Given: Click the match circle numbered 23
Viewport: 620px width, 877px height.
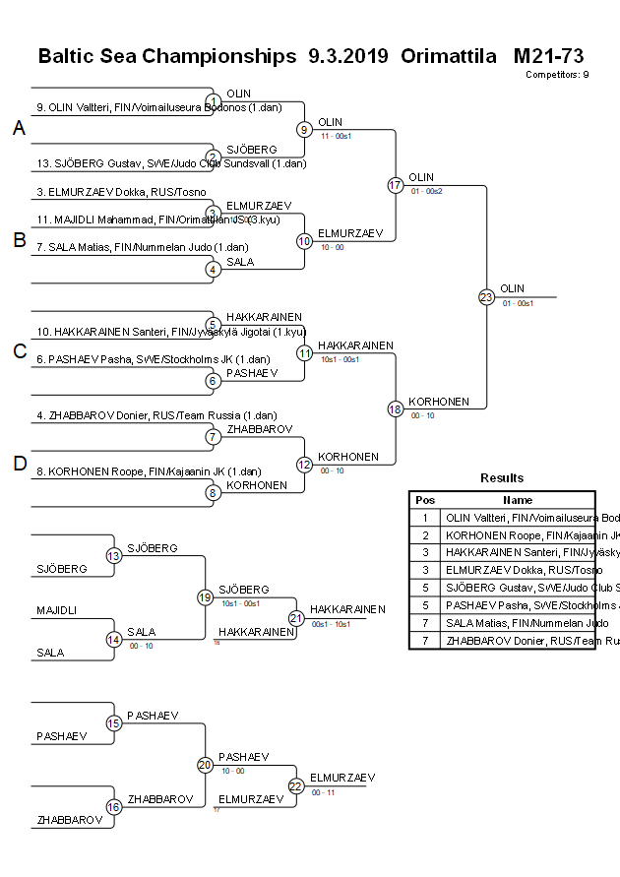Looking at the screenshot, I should coord(486,296).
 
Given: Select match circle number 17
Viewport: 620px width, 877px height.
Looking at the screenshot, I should coord(396,185).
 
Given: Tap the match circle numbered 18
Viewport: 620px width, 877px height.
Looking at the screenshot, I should coord(396,408).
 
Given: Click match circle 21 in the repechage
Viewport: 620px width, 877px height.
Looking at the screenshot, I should coord(296,618).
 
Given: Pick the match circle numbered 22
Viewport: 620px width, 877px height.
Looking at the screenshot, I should coord(296,785).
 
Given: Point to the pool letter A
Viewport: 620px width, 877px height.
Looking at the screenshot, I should coord(19,128).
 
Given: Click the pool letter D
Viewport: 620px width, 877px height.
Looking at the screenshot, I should coord(19,464).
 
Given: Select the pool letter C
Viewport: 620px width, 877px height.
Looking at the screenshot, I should coord(19,351).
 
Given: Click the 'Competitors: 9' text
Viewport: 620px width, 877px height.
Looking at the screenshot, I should coord(557,74).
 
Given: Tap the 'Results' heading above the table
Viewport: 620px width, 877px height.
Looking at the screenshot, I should coord(502,478).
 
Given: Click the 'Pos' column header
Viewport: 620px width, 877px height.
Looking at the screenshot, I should coord(425,500).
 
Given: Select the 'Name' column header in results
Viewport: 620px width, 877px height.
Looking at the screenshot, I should coord(518,500).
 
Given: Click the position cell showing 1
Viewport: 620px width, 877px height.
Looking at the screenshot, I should coord(425,518).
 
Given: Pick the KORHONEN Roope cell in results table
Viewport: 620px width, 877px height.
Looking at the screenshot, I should coord(518,535).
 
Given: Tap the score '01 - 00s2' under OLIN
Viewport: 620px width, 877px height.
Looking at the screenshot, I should coord(426,190).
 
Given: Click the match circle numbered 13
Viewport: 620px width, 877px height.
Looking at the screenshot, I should coord(113,556).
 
